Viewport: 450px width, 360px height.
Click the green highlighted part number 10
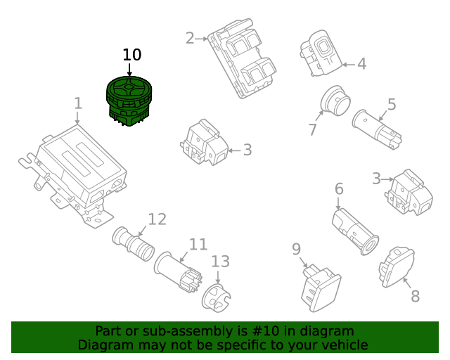(x=129, y=101)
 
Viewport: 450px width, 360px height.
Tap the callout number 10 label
(x=131, y=55)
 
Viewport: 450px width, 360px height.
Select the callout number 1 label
(x=78, y=104)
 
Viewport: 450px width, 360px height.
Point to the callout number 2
(x=190, y=38)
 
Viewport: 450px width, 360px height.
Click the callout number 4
(x=361, y=65)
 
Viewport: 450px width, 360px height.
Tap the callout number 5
(x=392, y=105)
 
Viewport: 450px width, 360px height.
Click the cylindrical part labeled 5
(x=378, y=128)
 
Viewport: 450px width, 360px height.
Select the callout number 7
(x=313, y=130)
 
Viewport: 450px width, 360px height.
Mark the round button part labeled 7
(x=335, y=103)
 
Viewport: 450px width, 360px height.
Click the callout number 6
(x=338, y=189)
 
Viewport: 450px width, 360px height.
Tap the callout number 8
(x=415, y=296)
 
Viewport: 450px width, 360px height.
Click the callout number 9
(x=296, y=249)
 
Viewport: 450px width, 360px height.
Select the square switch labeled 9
(x=320, y=288)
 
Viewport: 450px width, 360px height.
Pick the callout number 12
(x=157, y=219)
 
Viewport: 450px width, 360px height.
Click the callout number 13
(x=220, y=262)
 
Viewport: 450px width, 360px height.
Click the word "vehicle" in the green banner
(x=343, y=345)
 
